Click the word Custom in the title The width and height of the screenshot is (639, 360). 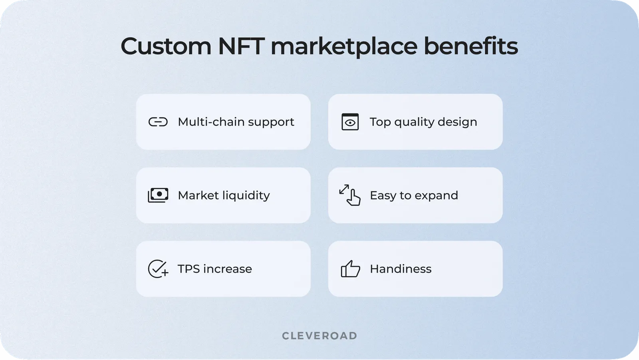point(166,46)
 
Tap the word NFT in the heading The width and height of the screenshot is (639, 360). point(241,46)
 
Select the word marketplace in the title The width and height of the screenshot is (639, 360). point(344,46)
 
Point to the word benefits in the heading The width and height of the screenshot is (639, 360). point(470,46)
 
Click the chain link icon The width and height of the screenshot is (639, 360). point(158,122)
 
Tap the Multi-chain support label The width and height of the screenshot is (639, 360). point(236,122)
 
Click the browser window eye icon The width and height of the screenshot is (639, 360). point(350,122)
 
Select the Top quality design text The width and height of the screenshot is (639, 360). point(423,122)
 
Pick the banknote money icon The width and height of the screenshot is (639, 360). point(158,195)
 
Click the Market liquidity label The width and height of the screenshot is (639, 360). point(224,195)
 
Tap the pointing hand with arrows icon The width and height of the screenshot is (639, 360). point(350,195)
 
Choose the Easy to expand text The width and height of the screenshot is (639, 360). point(414,195)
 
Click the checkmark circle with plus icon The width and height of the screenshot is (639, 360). point(158,269)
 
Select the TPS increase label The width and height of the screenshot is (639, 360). point(215,269)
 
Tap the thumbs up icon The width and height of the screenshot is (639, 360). point(350,269)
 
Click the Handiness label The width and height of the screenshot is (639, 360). point(401,269)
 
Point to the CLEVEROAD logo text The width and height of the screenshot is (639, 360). point(319,336)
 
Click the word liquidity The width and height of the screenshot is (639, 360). point(246,195)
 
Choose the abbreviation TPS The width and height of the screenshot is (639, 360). point(189,269)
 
